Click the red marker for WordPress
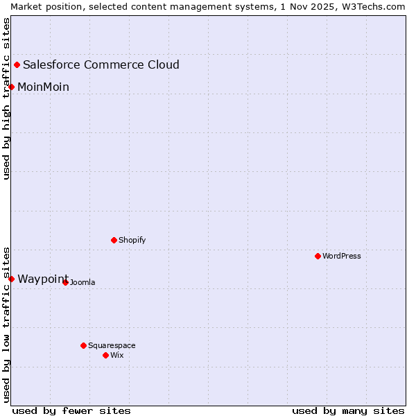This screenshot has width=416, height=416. click(x=318, y=256)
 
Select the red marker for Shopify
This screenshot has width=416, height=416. click(x=114, y=240)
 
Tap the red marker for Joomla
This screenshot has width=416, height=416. click(x=66, y=282)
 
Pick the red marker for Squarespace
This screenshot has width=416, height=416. click(x=84, y=345)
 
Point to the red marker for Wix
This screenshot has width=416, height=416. click(x=106, y=355)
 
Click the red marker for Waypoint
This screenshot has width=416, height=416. click(x=12, y=279)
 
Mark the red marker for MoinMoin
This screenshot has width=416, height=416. click(x=12, y=87)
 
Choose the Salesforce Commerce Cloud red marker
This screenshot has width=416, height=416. click(x=17, y=64)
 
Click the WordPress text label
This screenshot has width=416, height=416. click(x=342, y=256)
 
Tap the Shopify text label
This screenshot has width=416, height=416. click(x=132, y=240)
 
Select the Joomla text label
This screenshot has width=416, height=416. click(x=83, y=282)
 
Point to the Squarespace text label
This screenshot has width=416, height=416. click(x=112, y=345)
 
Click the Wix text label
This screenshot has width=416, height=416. click(x=117, y=355)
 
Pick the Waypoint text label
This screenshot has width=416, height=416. click(x=43, y=279)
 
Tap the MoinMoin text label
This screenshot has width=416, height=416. click(x=43, y=87)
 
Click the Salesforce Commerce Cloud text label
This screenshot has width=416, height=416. click(x=101, y=65)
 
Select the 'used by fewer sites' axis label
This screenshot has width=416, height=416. click(x=71, y=410)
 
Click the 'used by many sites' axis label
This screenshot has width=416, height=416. click(x=348, y=410)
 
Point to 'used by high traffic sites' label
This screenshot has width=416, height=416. click(x=6, y=98)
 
